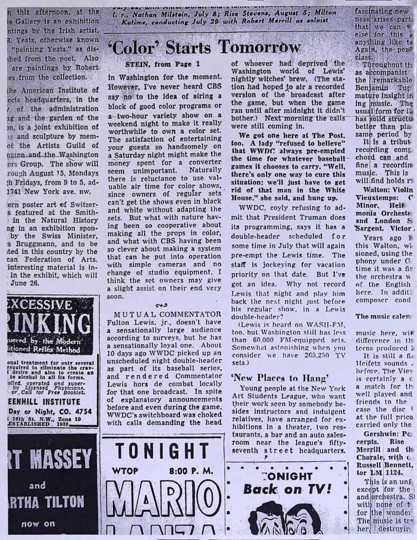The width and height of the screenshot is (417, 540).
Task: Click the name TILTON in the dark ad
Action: point(62,501)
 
